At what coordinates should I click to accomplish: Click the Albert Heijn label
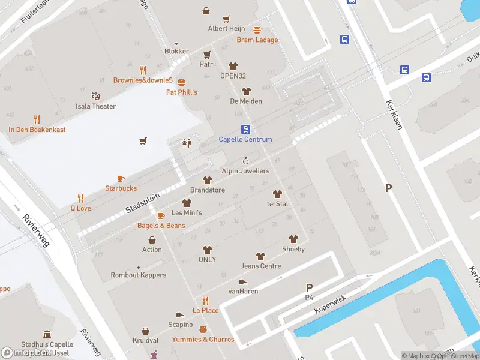coord(226,29)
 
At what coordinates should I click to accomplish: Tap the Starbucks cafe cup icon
coord(121,178)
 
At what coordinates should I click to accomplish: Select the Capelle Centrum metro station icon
coord(245,129)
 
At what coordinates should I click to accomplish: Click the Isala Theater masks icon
coord(95,96)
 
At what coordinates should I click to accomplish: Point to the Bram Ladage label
coord(257,40)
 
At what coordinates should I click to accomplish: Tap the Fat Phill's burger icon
coord(182,82)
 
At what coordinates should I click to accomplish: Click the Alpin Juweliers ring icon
coord(245,161)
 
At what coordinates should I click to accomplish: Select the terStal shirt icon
coord(277,194)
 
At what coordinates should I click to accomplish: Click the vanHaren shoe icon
coord(243,281)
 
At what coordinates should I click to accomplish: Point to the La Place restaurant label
coord(205,310)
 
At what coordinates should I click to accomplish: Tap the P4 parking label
coord(309,298)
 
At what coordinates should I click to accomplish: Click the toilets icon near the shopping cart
coord(187,142)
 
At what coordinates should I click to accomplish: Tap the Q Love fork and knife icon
coord(81,198)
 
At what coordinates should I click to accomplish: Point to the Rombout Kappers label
coord(138,275)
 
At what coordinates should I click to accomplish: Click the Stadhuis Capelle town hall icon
coord(47,334)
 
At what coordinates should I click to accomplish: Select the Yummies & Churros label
coord(203,340)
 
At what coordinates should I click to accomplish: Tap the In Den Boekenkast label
coord(37,130)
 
